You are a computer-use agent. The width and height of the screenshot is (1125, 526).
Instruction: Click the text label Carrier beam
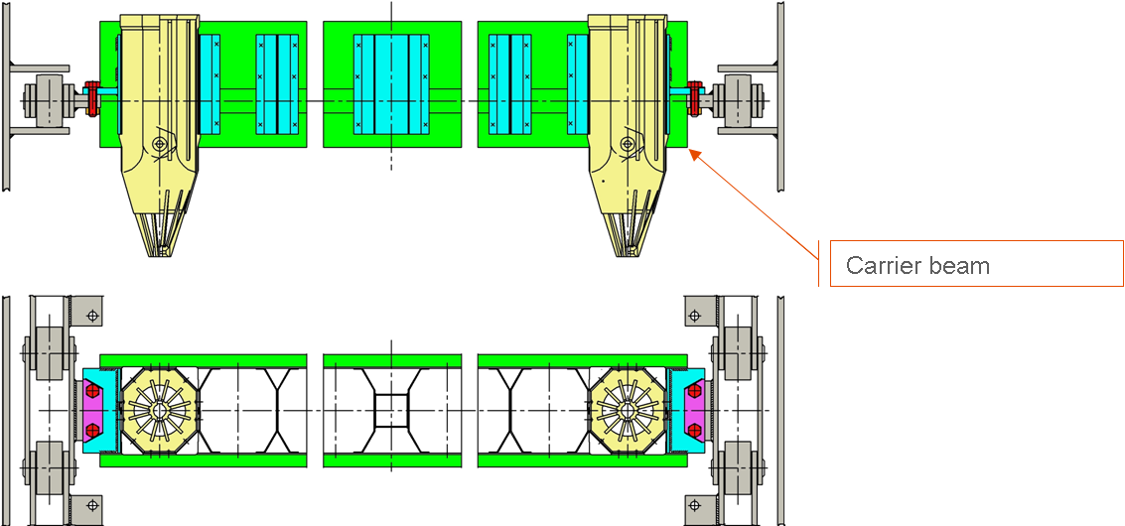[917, 266]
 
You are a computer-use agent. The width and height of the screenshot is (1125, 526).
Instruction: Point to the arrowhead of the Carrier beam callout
[692, 152]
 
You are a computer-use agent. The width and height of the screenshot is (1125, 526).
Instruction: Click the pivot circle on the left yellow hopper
[159, 144]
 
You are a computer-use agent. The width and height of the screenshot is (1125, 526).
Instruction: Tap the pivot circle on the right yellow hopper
[627, 144]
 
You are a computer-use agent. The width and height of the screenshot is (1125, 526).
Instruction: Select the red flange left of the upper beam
[91, 97]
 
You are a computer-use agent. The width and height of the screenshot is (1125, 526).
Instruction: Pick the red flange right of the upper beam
[695, 97]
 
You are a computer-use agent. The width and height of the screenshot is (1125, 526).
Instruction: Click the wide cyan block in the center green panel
[392, 82]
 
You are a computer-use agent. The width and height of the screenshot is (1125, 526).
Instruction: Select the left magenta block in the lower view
[92, 410]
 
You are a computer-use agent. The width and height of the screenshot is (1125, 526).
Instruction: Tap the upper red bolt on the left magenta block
[92, 391]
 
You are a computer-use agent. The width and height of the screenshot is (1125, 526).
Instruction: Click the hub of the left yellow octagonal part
[159, 409]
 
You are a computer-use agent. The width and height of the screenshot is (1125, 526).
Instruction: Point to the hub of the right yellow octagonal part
[629, 409]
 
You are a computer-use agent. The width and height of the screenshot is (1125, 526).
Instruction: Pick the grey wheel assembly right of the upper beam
[741, 99]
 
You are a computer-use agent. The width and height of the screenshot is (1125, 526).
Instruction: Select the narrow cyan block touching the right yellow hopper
[577, 82]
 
